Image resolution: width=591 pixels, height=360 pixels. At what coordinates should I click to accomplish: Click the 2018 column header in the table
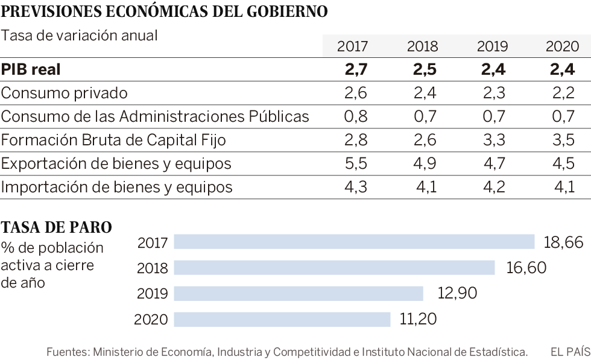point(422,46)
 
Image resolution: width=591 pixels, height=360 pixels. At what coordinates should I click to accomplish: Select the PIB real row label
point(31,69)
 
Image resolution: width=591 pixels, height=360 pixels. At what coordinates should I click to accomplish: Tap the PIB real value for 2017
point(356,69)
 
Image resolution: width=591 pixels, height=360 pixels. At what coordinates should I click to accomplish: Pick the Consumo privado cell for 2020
point(561,93)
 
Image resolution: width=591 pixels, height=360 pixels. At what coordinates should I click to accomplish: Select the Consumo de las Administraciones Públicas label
point(155,116)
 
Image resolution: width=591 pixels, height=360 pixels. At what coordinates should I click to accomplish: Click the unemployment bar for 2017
point(354,242)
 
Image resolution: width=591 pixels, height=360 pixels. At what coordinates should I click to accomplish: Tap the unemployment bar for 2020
point(282,318)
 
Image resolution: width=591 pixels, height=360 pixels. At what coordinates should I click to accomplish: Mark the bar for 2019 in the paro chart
point(299,293)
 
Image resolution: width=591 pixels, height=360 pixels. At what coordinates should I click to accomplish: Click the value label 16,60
point(526,267)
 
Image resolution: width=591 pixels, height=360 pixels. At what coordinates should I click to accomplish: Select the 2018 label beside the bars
point(153,268)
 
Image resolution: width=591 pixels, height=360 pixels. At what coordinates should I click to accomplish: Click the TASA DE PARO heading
point(57,228)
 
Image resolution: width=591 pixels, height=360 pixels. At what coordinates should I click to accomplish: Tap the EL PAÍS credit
point(570,352)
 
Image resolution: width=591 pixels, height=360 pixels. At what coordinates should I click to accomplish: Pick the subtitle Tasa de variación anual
point(79,35)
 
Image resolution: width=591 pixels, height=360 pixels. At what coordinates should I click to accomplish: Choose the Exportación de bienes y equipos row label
point(116,163)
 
